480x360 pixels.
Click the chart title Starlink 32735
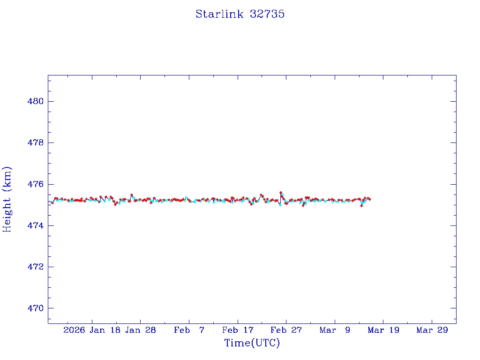(240, 14)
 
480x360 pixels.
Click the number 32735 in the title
(267, 14)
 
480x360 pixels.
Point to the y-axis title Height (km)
(7, 199)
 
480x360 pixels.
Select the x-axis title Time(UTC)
(252, 343)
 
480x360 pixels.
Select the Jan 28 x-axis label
(140, 330)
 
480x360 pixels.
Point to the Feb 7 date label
(189, 330)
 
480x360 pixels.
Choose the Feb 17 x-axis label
(238, 330)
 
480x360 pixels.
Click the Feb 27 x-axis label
(286, 330)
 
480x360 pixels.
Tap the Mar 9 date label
(335, 330)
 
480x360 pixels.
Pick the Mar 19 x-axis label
(383, 330)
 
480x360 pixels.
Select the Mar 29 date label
(432, 330)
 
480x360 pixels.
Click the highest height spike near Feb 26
(281, 192)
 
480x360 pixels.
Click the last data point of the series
(370, 199)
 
